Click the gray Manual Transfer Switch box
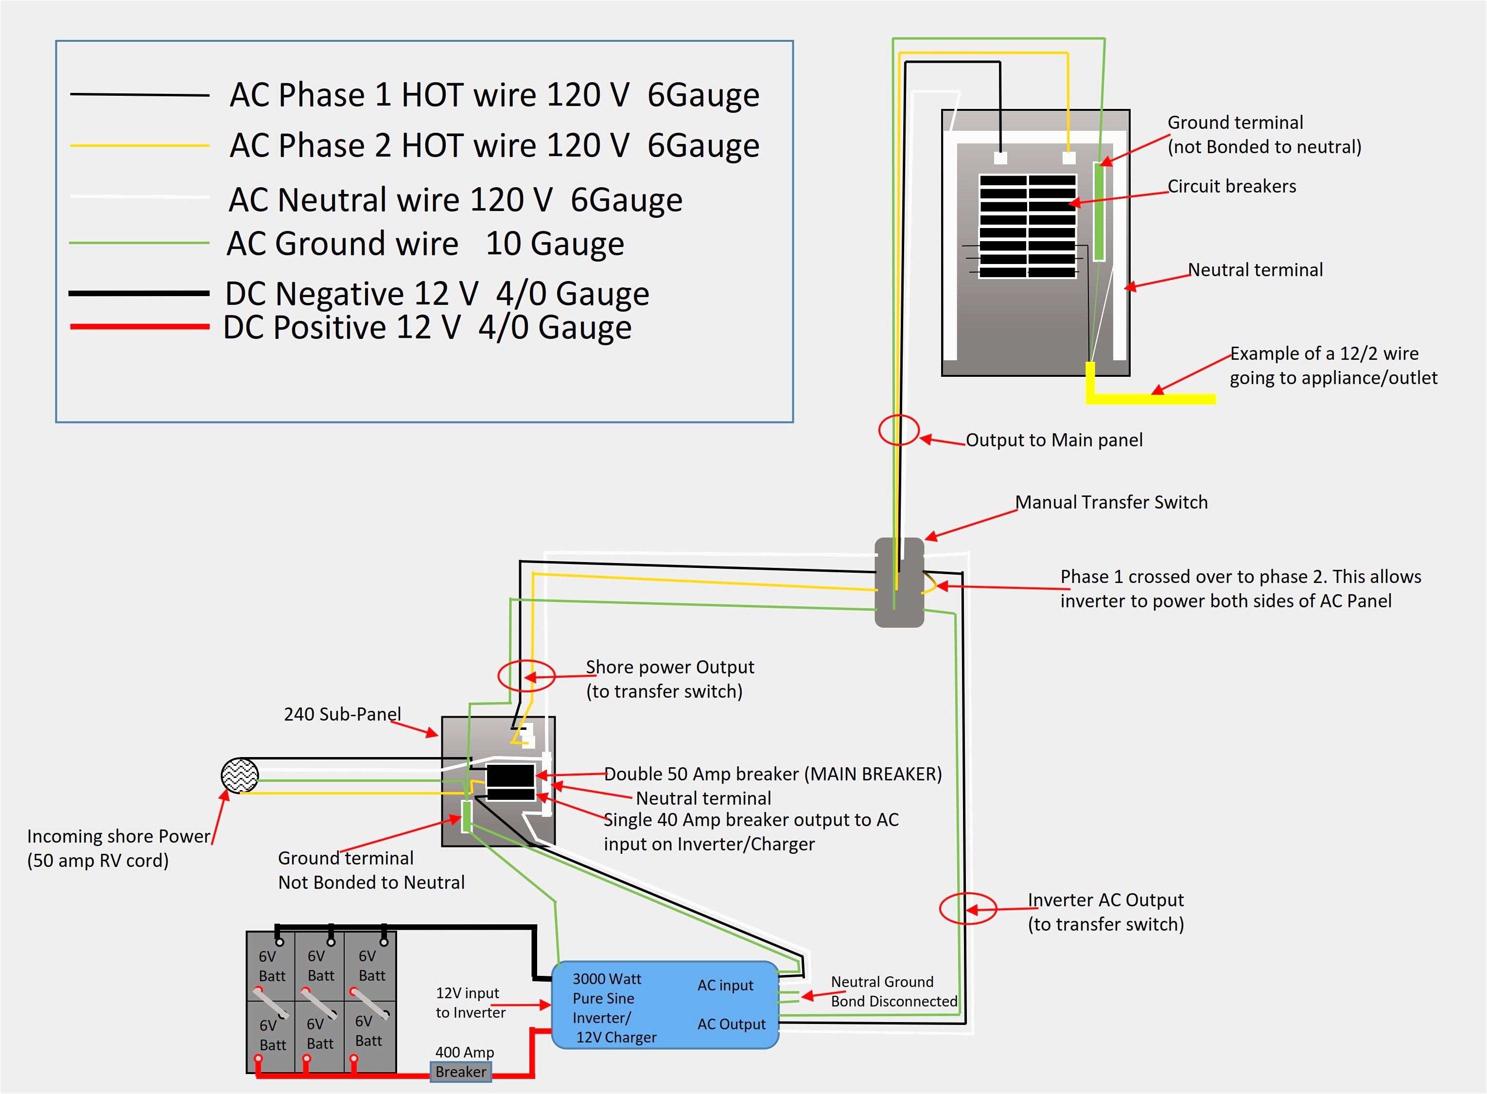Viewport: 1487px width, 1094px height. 899,583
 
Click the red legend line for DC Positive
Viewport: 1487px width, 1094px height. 140,326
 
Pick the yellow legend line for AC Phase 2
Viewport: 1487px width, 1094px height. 140,145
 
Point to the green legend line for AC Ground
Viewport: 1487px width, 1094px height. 140,243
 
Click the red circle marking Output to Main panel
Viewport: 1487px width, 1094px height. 898,430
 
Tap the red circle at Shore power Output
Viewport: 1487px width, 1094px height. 526,675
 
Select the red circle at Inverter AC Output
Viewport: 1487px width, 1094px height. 968,909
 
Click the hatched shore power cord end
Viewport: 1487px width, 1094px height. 240,776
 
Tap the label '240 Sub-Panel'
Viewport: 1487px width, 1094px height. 342,714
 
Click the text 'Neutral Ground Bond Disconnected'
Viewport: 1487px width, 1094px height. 894,991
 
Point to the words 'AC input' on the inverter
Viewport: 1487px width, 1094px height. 725,986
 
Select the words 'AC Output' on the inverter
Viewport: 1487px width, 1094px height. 731,1024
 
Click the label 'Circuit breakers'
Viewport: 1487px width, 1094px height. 1231,186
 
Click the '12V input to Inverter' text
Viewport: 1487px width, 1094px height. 470,1003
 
